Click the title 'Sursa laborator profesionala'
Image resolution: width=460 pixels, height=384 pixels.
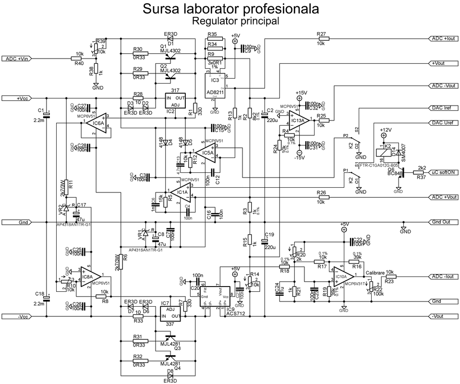[230, 9]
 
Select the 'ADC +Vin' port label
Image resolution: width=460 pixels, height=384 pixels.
[18, 59]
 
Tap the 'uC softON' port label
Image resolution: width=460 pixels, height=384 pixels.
[443, 173]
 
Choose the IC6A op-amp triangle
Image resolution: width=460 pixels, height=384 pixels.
[97, 123]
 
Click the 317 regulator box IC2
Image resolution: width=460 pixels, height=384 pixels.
[175, 101]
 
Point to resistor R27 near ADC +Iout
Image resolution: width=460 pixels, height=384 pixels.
[321, 38]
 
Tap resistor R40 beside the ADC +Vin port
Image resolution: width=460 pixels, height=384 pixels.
[79, 59]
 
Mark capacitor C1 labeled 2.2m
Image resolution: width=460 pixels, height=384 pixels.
[46, 114]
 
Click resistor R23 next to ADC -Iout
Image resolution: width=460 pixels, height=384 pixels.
[389, 277]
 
